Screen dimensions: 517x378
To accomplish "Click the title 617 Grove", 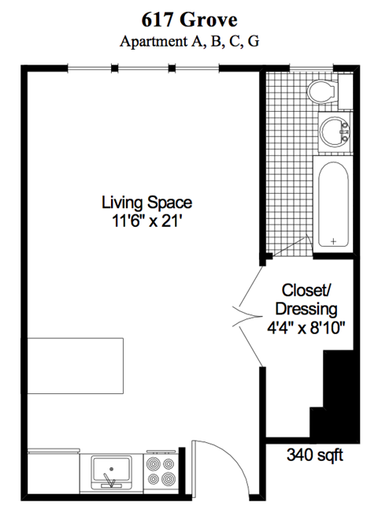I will pos(189,20).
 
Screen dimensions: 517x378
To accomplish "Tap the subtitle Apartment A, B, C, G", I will pos(189,42).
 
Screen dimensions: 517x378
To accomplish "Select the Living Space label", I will pos(146,202).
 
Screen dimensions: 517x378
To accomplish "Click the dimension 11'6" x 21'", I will pos(146,221).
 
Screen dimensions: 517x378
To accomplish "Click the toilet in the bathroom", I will pos(322,93).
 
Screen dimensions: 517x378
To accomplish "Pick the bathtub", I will pos(335,203).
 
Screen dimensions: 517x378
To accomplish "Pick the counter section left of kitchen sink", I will pos(54,473).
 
